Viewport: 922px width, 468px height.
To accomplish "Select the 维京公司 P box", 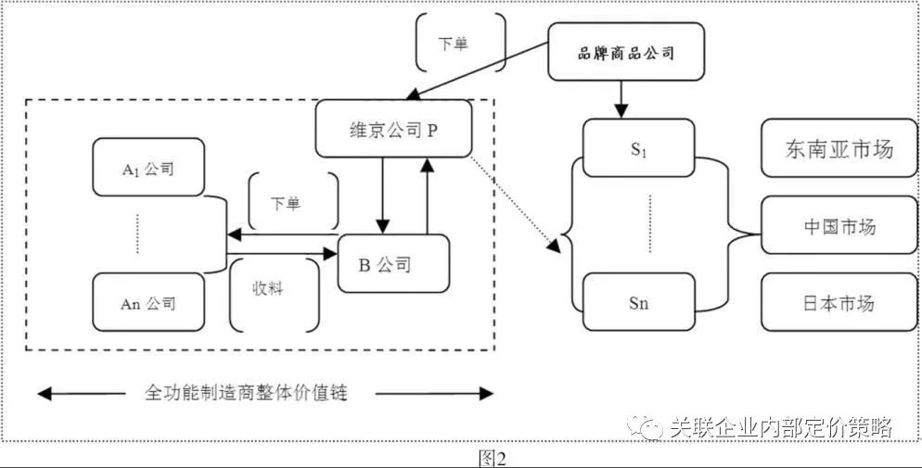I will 393,129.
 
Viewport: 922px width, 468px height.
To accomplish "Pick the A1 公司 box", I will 148,168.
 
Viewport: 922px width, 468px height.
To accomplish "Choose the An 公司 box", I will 148,303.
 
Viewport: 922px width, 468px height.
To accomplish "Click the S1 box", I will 639,149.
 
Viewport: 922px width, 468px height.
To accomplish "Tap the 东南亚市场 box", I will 839,148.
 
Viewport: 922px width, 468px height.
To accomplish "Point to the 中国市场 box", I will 839,226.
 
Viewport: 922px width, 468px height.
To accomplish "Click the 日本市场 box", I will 839,303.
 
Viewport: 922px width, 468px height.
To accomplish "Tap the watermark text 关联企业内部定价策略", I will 780,427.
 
